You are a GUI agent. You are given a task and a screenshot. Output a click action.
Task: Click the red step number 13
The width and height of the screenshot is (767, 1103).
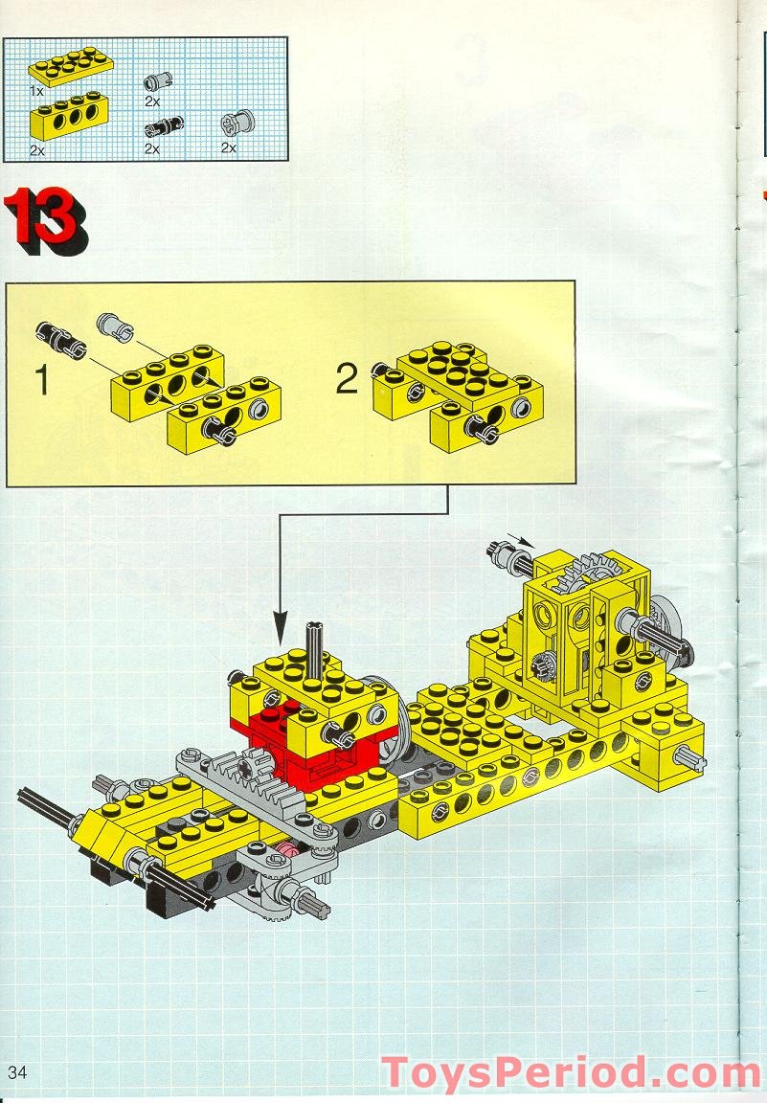(46, 218)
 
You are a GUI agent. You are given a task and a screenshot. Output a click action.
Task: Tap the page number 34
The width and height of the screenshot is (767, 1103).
(17, 1072)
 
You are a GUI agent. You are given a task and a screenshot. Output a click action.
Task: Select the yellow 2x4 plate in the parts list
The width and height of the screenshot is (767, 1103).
(71, 65)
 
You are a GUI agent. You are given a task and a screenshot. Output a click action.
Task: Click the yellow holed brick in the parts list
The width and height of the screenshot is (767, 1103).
(69, 115)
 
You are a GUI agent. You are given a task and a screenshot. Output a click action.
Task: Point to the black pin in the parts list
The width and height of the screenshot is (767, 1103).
(164, 127)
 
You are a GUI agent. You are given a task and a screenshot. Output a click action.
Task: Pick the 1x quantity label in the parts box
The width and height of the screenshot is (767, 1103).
(36, 91)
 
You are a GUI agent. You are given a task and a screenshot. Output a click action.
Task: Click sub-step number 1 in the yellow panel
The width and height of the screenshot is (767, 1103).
(43, 380)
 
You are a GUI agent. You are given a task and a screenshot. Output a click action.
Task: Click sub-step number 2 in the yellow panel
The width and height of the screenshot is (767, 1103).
(347, 380)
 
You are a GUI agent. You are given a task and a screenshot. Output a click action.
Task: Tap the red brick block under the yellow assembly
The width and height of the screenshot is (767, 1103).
(317, 746)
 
